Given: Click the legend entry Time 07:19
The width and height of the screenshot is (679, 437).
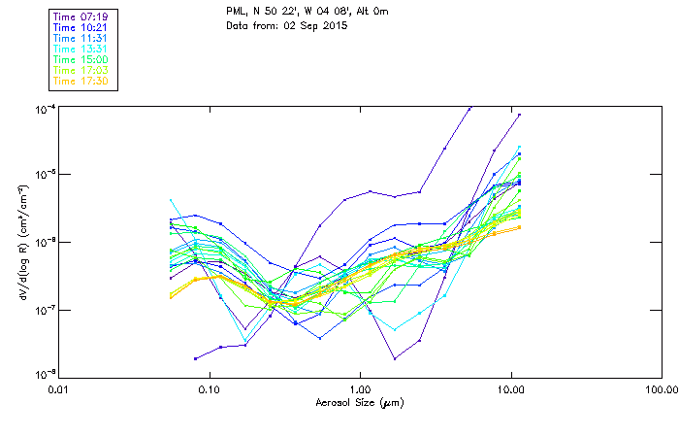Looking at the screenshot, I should coord(81,17).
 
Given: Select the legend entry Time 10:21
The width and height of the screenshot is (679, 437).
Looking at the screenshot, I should coord(81,27).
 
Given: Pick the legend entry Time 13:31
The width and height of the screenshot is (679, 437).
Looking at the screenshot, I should coord(81,49).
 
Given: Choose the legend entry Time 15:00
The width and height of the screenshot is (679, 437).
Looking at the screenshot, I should coord(81,59).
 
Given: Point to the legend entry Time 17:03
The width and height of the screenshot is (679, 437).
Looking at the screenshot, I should coord(81,70).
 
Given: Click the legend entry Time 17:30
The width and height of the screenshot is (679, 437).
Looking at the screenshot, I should coord(81,81).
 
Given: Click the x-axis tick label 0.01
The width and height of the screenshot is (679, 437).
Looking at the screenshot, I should coord(58,389).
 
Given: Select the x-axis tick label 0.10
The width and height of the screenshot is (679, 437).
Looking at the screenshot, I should coord(209,389).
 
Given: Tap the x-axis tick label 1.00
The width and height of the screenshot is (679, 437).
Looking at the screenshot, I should coord(360,389).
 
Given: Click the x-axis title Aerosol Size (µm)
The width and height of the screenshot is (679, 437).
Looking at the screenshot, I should coord(359,402).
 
